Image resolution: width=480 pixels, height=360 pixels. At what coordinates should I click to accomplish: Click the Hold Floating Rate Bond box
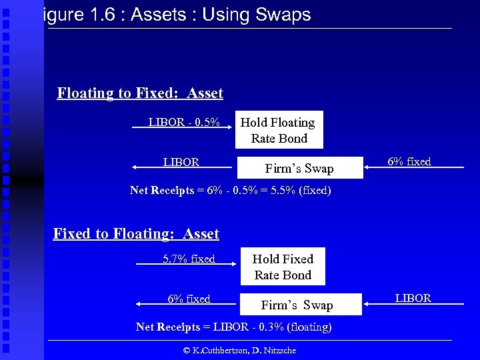pos(279,130)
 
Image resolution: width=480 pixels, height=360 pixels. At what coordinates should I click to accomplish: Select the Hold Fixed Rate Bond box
pos(283,267)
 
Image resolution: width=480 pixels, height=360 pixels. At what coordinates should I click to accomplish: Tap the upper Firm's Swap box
pos(299,168)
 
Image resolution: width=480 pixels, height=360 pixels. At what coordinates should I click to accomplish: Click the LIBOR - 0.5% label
pos(184,122)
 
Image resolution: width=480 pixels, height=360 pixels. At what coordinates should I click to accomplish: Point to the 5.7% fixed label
pos(189,259)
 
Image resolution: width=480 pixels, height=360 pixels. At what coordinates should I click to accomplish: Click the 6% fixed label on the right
pos(409,161)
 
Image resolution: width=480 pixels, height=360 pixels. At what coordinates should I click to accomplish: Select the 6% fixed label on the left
pos(189,299)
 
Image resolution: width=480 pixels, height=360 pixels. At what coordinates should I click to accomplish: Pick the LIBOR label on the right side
pos(413,298)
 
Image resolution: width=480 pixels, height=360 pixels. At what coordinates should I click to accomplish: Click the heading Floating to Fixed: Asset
pos(140,93)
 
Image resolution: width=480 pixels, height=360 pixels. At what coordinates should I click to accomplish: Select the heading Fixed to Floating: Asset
pos(136,233)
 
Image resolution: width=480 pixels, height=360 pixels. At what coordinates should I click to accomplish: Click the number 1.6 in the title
pos(100,15)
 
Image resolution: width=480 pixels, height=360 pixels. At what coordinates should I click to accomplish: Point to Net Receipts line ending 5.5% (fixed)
pos(230,190)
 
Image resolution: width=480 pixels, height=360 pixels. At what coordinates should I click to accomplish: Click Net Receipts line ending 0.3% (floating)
pos(233,327)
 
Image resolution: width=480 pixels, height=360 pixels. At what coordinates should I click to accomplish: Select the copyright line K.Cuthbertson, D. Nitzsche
pos(240,350)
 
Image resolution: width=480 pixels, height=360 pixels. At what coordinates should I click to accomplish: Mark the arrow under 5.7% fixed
pos(187,265)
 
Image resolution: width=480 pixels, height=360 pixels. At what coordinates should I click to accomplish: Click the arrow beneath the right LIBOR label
pos(414,304)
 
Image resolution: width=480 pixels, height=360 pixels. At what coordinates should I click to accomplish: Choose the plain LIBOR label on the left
pos(181,162)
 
